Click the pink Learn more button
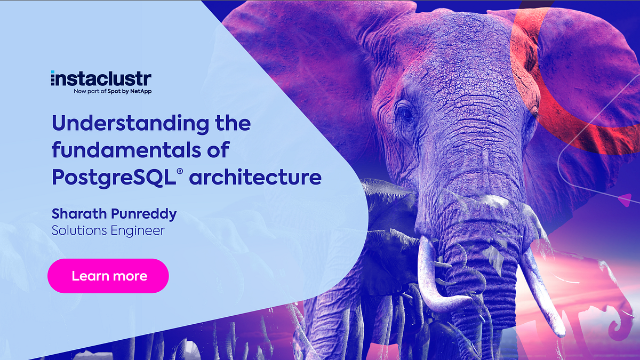pos(108,276)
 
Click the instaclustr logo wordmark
pos(101,79)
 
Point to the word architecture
pos(255,177)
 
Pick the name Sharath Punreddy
pos(114,214)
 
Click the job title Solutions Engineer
pos(108,230)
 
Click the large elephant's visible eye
pos(405,114)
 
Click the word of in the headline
pos(218,150)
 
